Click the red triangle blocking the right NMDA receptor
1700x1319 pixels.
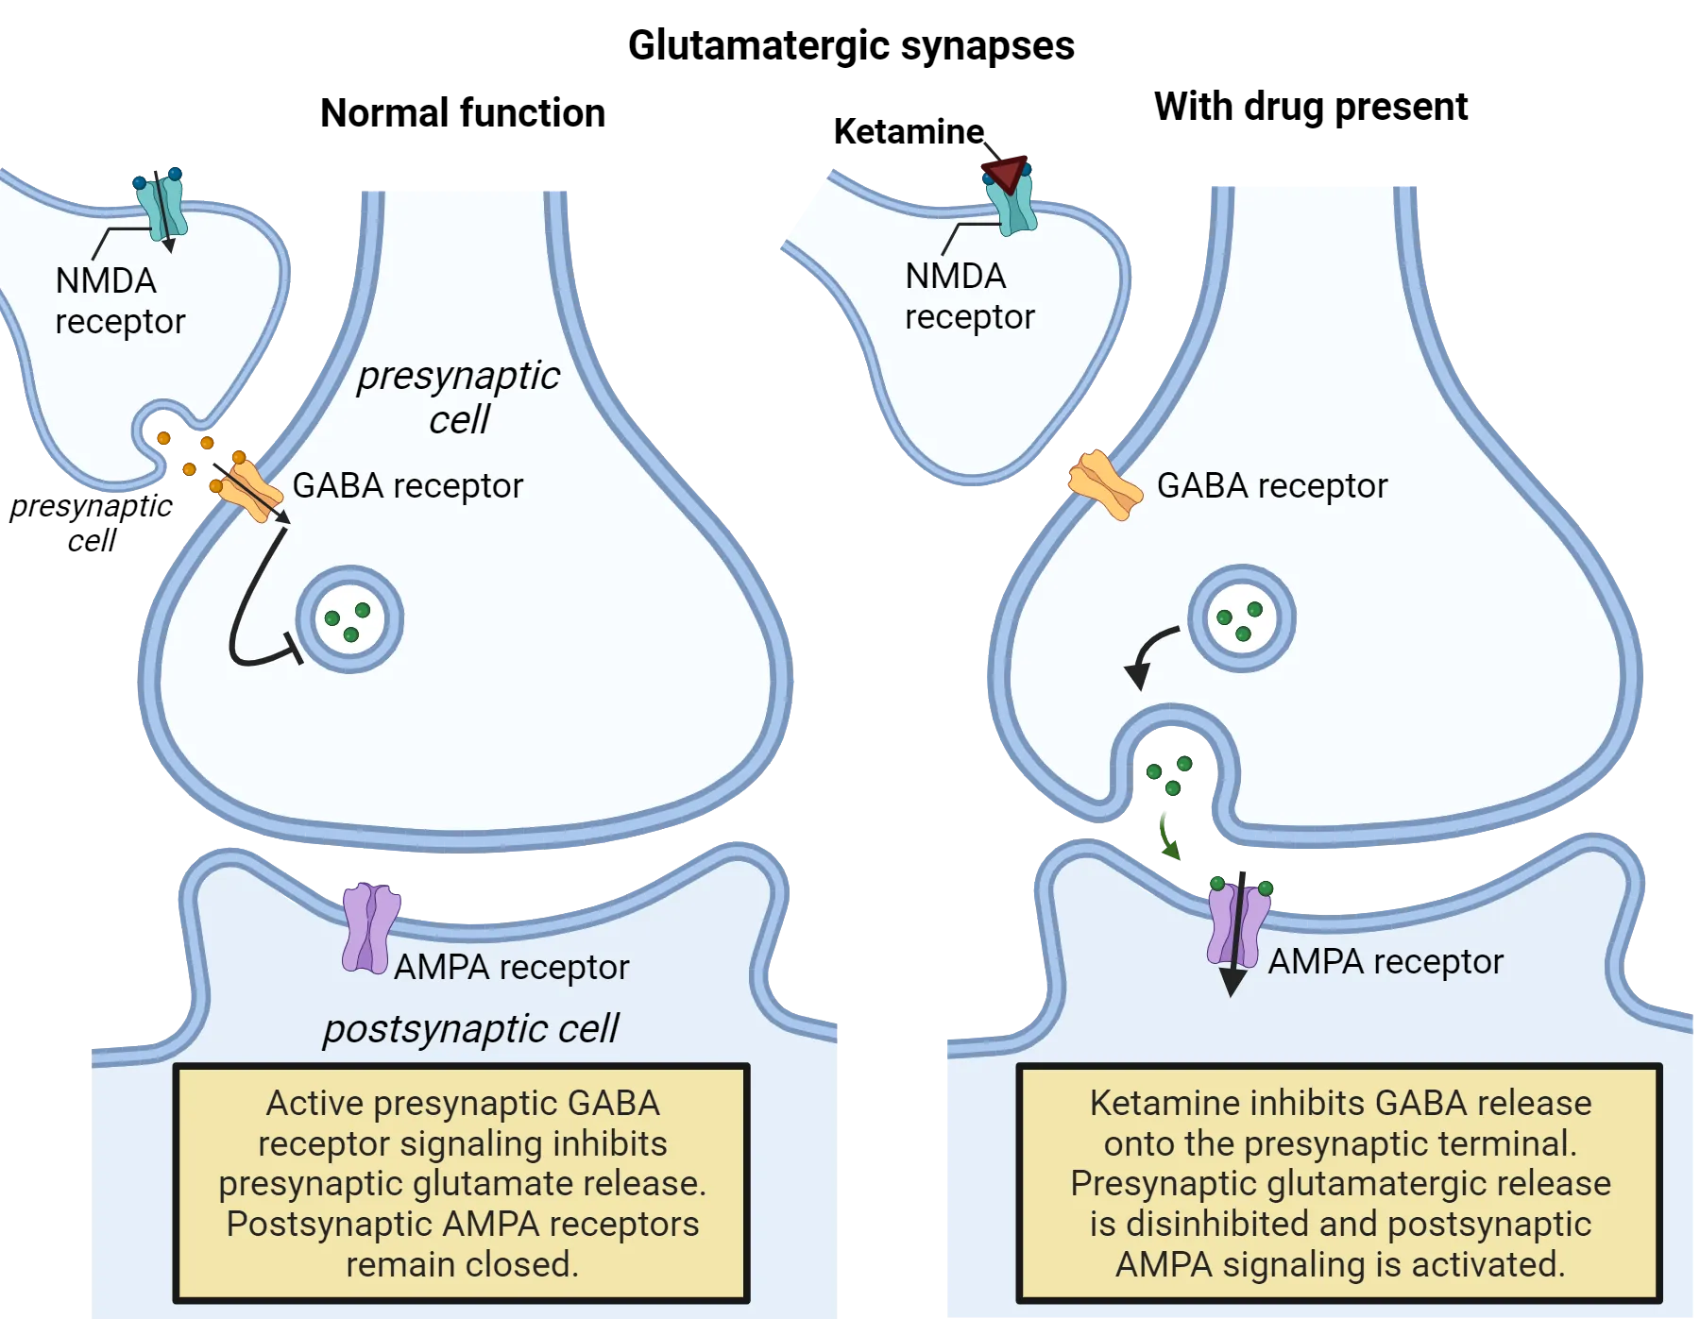1004,173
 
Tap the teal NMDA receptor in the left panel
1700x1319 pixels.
161,206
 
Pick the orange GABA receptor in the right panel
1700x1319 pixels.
1104,484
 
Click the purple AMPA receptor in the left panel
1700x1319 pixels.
370,928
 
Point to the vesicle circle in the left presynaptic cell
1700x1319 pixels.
349,619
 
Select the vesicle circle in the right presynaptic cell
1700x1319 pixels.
1241,618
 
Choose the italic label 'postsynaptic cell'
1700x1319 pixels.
470,1028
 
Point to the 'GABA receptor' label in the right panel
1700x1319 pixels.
1271,485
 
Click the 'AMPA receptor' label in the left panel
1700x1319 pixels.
511,967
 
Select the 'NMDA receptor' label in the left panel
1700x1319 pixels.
119,300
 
